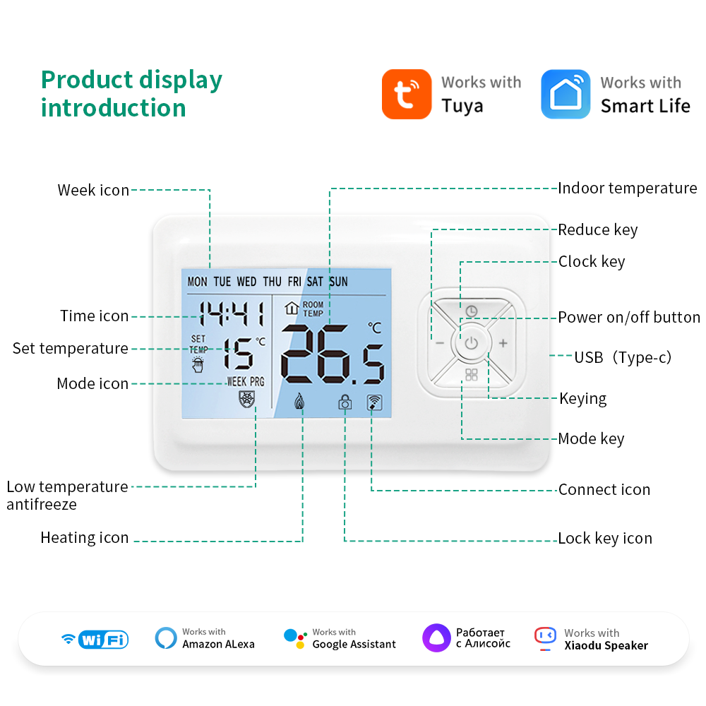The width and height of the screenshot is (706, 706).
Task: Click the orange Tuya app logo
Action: click(x=406, y=94)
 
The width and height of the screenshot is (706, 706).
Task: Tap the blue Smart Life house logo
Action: click(x=566, y=94)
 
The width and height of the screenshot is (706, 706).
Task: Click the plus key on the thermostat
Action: click(x=503, y=344)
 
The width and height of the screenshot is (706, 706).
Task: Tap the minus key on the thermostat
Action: click(x=440, y=344)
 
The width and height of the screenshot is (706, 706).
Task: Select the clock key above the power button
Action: click(x=471, y=311)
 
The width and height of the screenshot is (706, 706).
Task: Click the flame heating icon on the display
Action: click(x=299, y=402)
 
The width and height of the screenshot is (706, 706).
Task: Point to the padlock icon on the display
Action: click(x=345, y=402)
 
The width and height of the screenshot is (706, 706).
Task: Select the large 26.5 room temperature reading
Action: click(x=333, y=355)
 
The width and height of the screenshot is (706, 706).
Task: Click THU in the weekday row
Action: click(x=272, y=282)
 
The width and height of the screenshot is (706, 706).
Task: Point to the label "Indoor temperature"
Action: click(x=627, y=189)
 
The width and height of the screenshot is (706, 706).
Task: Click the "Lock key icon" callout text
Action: click(x=605, y=539)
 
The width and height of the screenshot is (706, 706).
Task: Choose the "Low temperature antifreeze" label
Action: click(x=67, y=495)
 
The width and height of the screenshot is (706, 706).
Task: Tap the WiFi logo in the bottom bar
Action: click(x=95, y=639)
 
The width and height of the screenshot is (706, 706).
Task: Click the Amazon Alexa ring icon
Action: click(x=166, y=638)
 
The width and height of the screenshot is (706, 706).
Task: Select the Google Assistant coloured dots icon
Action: click(x=295, y=638)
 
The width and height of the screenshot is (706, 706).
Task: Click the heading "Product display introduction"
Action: click(x=131, y=94)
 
